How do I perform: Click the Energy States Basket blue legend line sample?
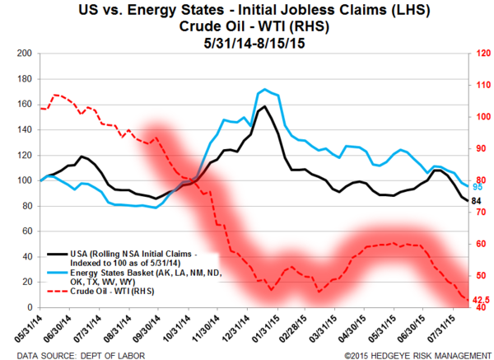57,273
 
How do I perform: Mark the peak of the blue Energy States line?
263,89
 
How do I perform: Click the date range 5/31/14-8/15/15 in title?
247,40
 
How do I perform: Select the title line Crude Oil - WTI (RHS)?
247,25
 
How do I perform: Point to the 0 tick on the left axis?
28,307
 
